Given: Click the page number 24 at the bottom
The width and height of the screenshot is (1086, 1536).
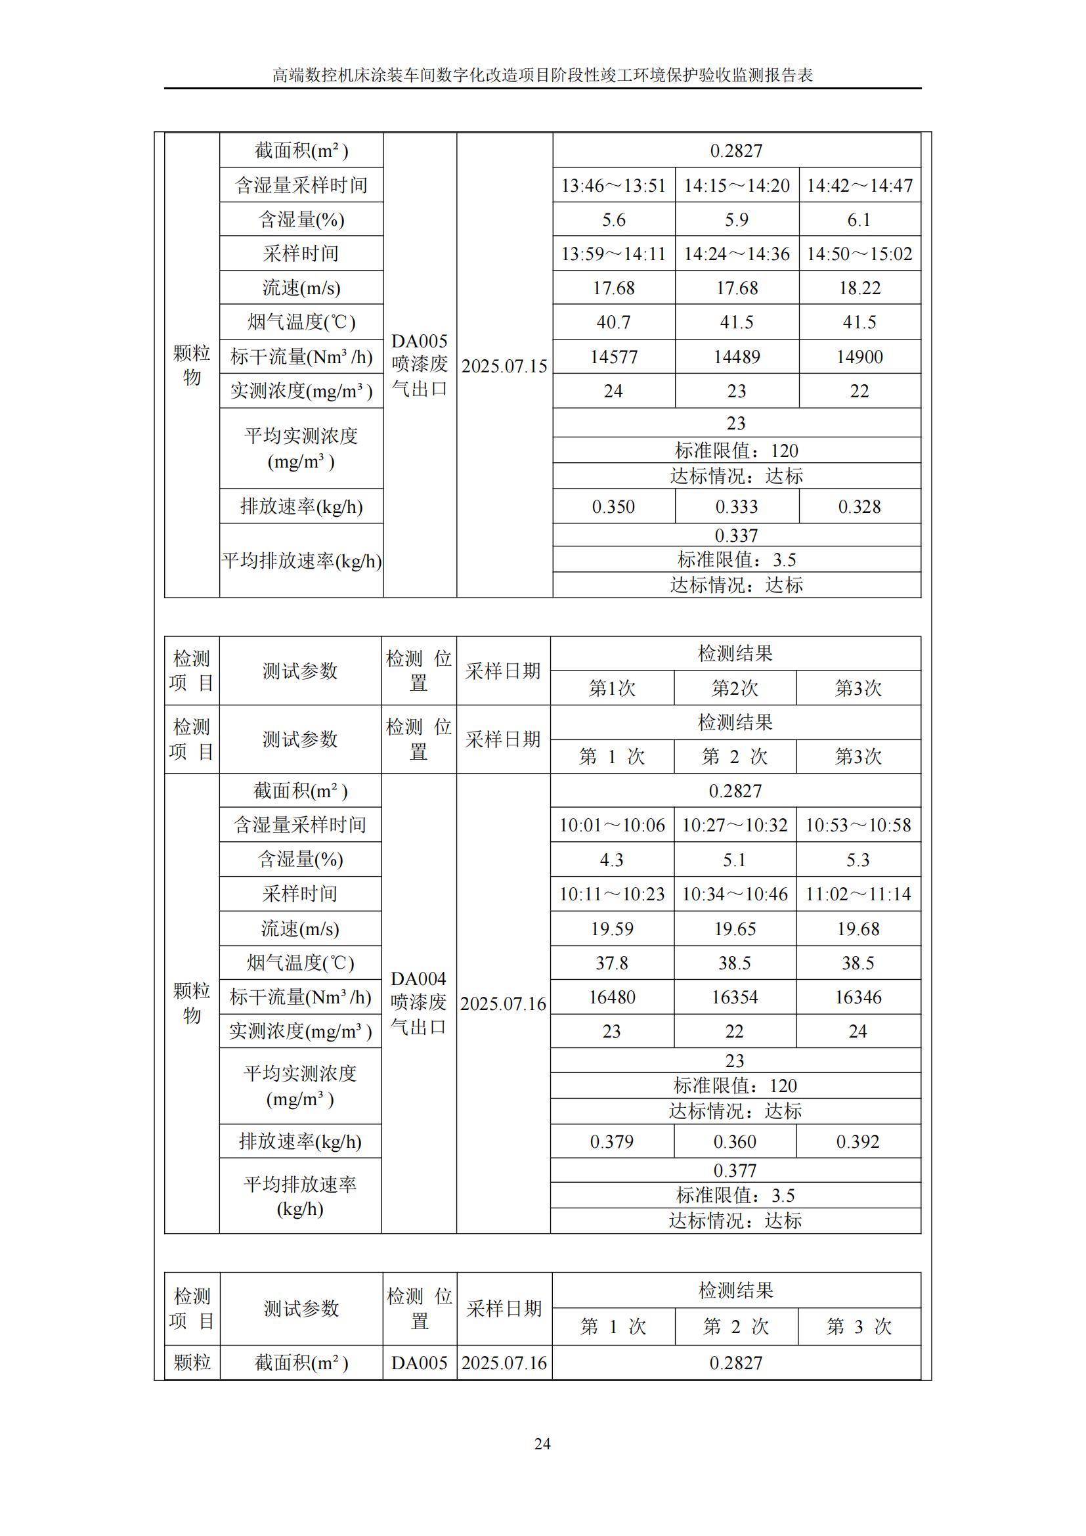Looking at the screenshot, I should coord(542,1443).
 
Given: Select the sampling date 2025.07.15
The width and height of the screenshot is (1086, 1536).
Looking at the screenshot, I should coord(504,366).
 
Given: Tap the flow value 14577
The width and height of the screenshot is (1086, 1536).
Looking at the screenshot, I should coord(613,357).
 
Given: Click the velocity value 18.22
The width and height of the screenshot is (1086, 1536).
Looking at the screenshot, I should coord(859,288).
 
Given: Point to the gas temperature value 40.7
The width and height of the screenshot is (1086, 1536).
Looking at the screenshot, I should coord(613,322).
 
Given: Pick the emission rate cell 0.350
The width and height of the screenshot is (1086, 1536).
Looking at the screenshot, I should coord(613,506).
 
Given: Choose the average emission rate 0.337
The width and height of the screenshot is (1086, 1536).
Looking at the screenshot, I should coord(735,535).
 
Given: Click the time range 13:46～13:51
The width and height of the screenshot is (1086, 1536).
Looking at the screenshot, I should coord(613,185).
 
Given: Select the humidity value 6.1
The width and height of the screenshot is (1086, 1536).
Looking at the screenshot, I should coord(859,219).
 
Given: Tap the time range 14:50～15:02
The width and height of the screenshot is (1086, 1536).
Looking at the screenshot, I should coord(859,253).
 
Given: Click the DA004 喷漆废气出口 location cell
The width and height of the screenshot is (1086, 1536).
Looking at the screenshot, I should coord(419,1003).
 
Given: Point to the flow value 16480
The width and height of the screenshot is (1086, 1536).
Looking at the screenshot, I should coord(612,997).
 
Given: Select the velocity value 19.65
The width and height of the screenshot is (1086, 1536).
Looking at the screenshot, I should coord(734,929).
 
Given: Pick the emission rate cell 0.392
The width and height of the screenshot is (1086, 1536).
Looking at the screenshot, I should coord(858,1141).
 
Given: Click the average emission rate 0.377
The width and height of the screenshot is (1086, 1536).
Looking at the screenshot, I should coord(734,1170).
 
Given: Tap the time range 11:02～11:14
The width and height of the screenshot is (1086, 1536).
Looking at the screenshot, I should coord(858,894).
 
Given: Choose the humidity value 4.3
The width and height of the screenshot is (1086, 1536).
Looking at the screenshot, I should coord(612,860).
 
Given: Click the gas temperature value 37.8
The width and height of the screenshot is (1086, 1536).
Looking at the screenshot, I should coord(612,963).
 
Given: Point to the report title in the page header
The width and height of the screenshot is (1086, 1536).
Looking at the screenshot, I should coord(542,75).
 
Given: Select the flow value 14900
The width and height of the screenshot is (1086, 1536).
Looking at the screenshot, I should coord(859,357).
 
